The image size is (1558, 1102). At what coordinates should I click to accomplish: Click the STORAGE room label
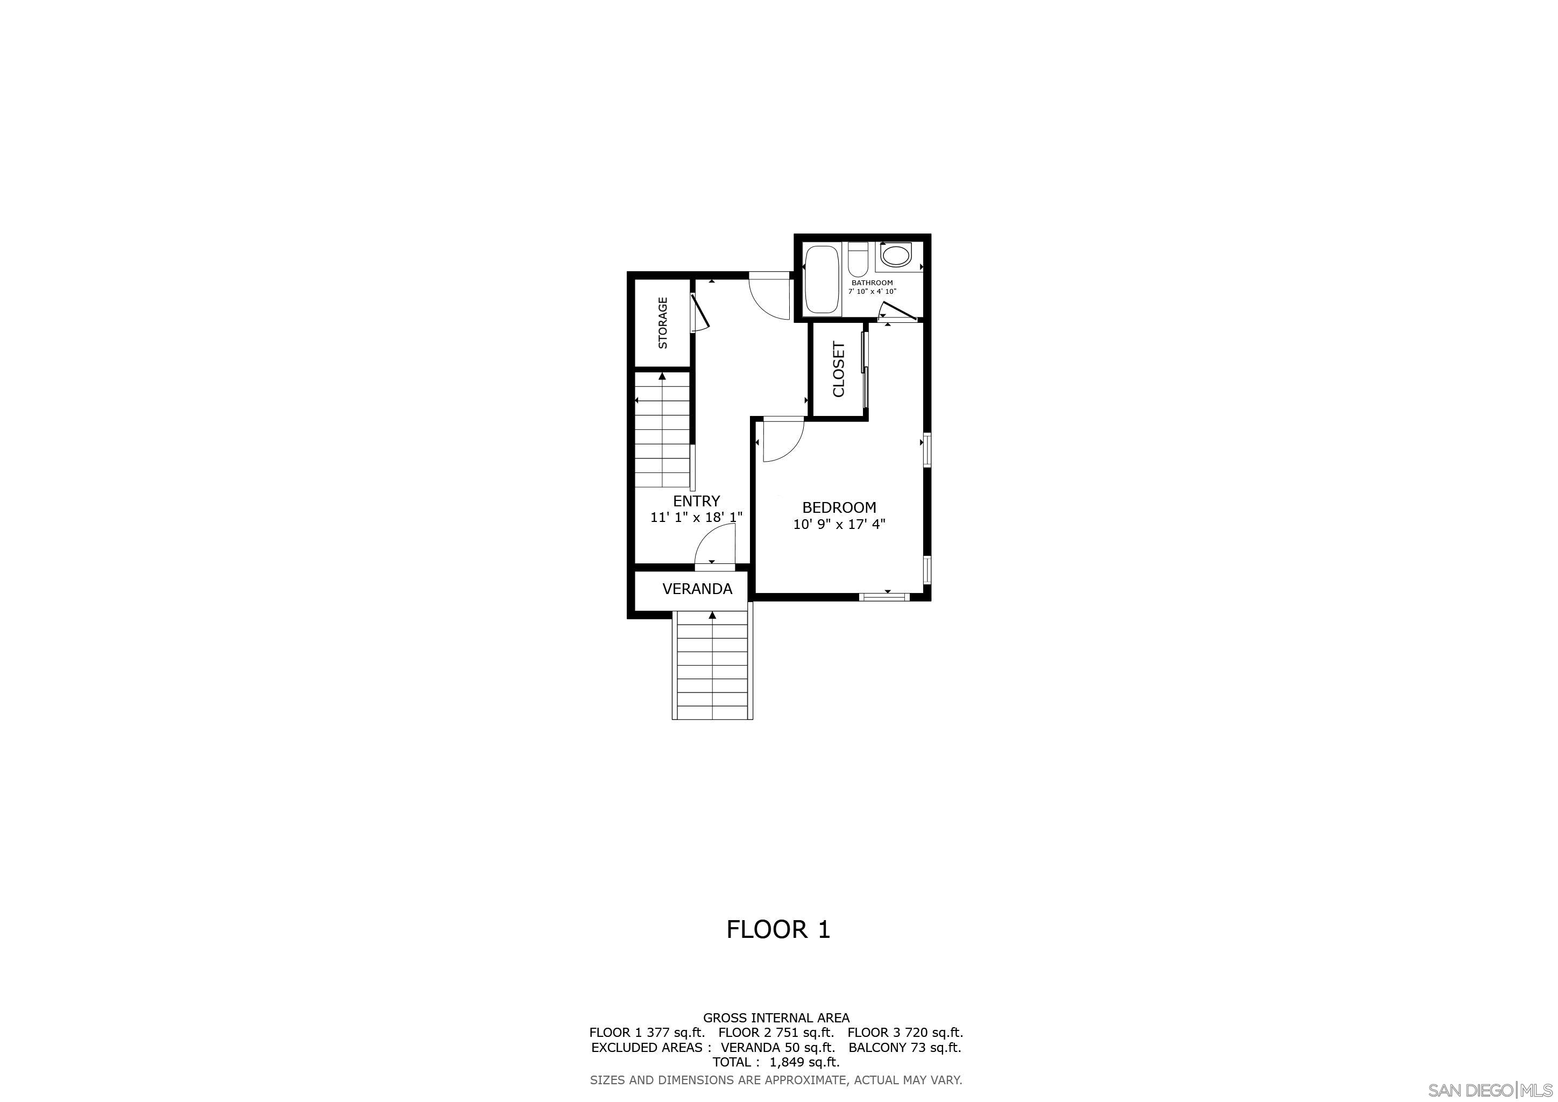click(663, 323)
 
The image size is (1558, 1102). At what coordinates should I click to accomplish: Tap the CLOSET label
click(839, 369)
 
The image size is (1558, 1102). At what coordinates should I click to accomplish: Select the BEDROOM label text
click(839, 507)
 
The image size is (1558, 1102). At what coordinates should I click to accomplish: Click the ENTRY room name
click(696, 501)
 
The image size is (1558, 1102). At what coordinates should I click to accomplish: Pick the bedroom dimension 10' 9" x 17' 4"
click(839, 525)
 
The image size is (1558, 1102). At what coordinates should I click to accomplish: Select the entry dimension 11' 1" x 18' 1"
click(696, 518)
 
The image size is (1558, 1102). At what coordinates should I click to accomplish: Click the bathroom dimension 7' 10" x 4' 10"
click(872, 292)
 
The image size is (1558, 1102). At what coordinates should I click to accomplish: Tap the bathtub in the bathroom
click(822, 278)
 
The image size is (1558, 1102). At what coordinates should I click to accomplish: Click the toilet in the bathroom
click(858, 258)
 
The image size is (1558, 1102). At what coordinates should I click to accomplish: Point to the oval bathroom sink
click(896, 256)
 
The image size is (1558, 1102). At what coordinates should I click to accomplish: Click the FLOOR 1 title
click(778, 929)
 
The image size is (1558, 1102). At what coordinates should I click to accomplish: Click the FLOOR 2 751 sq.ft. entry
click(776, 1032)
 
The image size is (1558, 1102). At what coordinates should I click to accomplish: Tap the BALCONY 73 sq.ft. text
click(904, 1047)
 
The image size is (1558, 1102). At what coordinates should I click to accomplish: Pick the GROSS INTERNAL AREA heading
click(776, 1017)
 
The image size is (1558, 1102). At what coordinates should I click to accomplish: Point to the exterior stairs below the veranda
click(712, 665)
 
